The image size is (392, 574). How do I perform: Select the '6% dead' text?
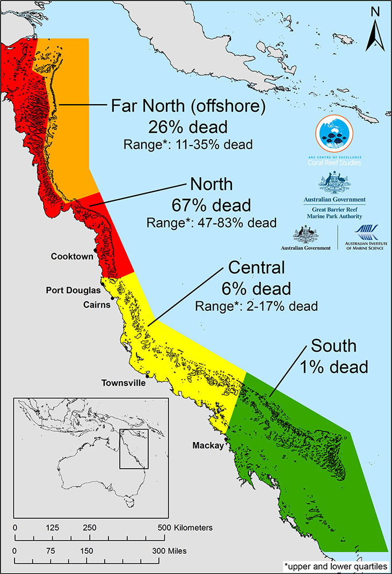pyautogui.click(x=256, y=288)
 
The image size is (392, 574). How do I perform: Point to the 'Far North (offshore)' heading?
pyautogui.click(x=188, y=106)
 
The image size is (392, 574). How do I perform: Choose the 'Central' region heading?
pyautogui.click(x=256, y=267)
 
